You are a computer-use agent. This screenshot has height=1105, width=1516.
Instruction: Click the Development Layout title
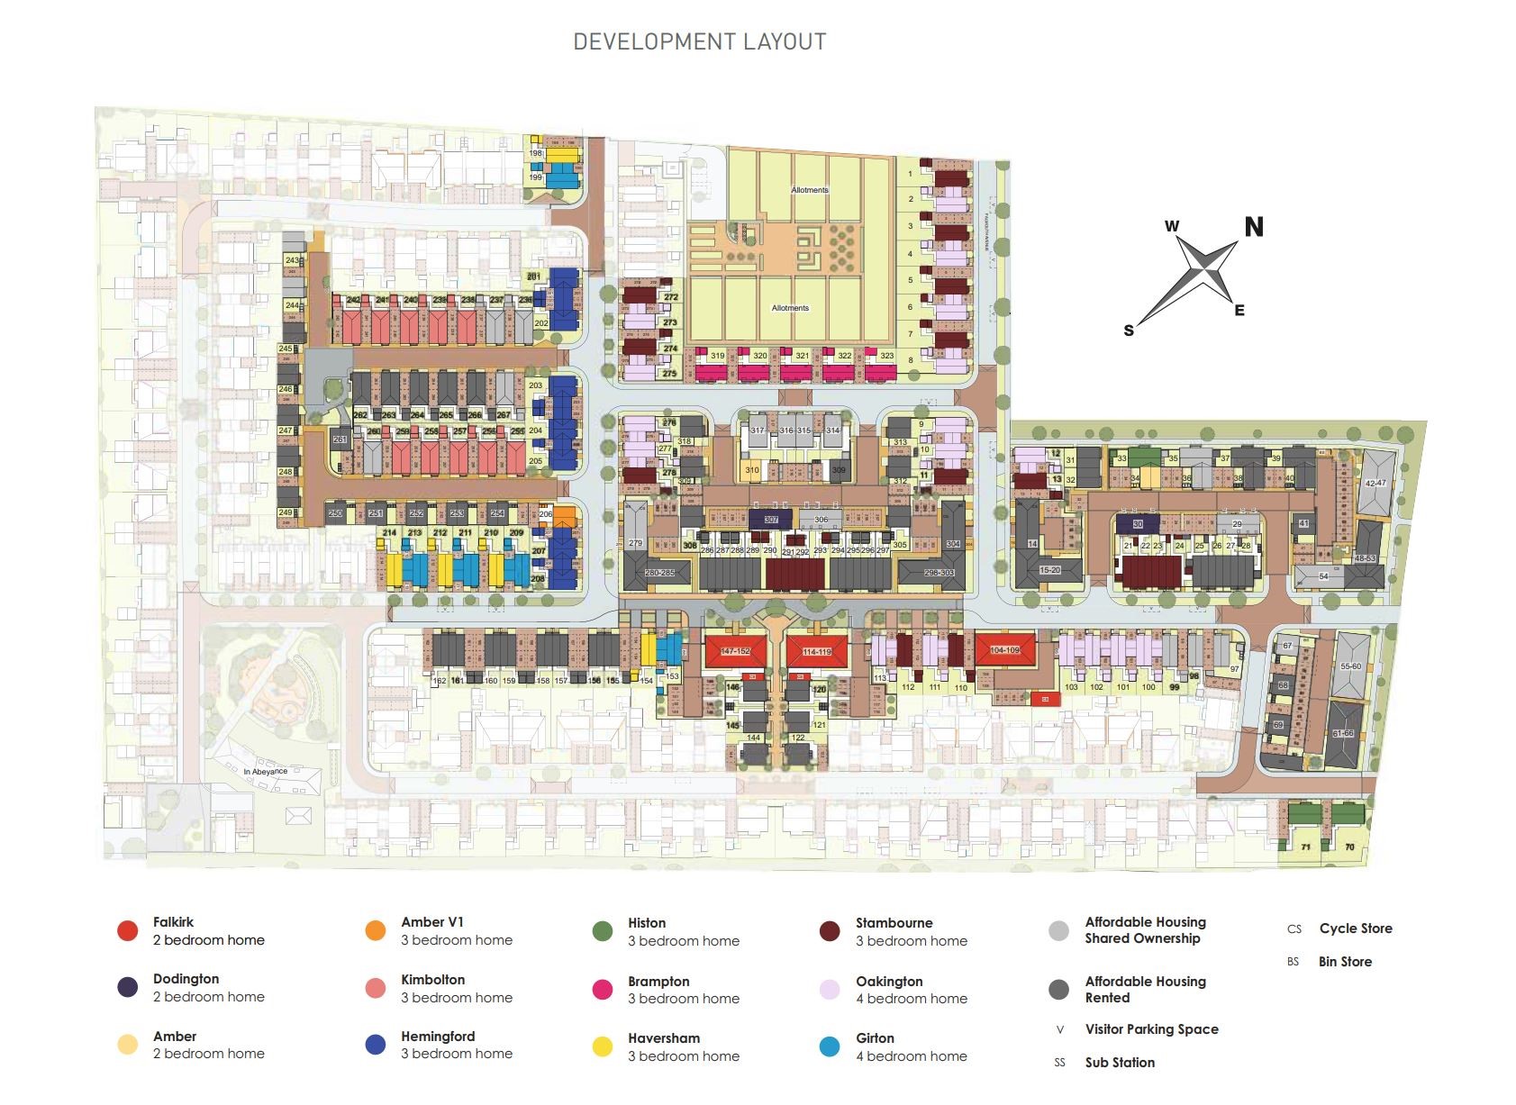(x=699, y=41)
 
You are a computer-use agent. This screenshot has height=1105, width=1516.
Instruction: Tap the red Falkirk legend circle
(x=128, y=931)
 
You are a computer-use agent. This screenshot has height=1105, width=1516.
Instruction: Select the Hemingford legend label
(x=438, y=1037)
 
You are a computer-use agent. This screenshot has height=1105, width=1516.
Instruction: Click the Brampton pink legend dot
(x=603, y=990)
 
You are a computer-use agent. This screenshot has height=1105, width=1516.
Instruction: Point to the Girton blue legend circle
(x=831, y=1046)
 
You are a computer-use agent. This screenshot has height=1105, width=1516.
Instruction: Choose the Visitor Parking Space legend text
(x=1151, y=1029)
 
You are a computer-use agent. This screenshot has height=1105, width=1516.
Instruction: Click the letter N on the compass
(x=1253, y=227)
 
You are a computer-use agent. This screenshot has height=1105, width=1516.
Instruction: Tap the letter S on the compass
(x=1129, y=331)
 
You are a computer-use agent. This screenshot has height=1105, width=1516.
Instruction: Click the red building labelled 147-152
(x=736, y=650)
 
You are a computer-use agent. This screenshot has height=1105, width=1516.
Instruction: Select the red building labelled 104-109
(x=1004, y=649)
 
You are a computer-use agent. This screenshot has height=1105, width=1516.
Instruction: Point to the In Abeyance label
(x=266, y=772)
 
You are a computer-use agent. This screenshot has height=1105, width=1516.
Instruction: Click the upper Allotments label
(x=810, y=190)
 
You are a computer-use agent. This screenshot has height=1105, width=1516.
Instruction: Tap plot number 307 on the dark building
(x=770, y=520)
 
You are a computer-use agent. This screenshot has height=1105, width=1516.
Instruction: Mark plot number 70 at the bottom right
(x=1349, y=847)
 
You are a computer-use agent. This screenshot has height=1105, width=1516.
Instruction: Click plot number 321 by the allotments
(x=802, y=356)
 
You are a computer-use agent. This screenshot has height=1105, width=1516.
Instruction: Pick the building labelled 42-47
(x=1375, y=484)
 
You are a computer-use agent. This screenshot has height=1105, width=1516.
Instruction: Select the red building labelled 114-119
(x=816, y=651)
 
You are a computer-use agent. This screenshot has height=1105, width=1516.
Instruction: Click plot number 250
(x=335, y=513)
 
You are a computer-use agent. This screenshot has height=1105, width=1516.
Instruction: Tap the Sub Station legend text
(x=1120, y=1063)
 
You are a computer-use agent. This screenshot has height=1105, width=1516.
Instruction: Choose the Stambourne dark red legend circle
(x=831, y=931)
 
